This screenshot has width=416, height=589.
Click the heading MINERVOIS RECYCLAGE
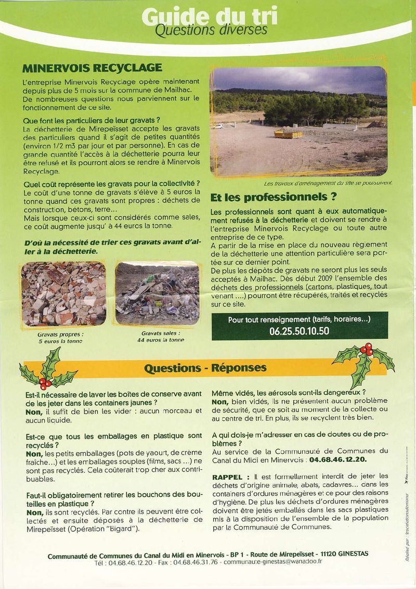click(x=93, y=68)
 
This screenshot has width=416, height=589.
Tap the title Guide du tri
click(x=209, y=17)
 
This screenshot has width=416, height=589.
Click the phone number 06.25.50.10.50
click(x=299, y=330)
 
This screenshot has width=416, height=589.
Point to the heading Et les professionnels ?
click(x=273, y=198)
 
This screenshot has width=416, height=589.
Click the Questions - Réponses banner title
click(x=205, y=368)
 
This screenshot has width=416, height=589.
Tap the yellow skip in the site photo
click(x=288, y=134)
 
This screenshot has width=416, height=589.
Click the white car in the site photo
click(x=217, y=126)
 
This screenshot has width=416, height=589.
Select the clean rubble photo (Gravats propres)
click(x=63, y=294)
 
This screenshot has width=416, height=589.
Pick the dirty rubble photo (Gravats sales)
click(x=157, y=294)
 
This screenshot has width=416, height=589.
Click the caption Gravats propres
click(x=60, y=335)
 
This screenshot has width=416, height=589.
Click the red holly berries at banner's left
click(x=45, y=385)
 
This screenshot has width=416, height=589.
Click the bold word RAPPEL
click(x=228, y=477)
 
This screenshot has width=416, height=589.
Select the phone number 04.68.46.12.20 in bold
click(x=338, y=460)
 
